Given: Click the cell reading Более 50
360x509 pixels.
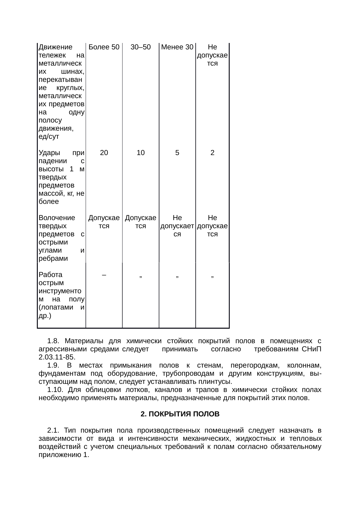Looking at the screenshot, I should tap(104, 47).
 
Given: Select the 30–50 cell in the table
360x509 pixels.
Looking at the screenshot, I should tap(141, 47).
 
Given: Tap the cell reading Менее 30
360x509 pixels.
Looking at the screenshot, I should tap(177, 47).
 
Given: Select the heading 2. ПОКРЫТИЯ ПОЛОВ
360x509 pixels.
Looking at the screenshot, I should tap(180, 414).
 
